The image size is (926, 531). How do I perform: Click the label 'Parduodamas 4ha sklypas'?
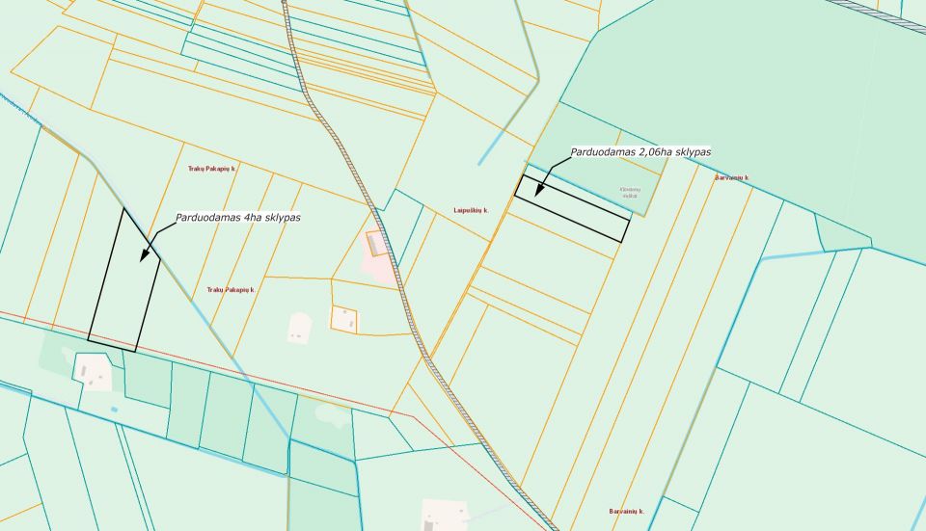click(x=237, y=218)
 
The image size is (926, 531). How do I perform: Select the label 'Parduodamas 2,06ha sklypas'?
click(x=640, y=151)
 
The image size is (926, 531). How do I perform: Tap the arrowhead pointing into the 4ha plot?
click(x=144, y=257)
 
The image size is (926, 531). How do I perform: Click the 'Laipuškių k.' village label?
click(x=472, y=210)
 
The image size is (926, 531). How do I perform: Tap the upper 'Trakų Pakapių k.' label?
click(x=212, y=169)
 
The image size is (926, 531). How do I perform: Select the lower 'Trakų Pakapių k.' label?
click(x=231, y=289)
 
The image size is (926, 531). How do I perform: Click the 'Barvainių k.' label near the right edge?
click(x=732, y=178)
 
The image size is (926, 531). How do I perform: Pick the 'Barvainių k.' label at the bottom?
click(x=626, y=511)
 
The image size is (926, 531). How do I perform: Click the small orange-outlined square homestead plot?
click(x=344, y=319)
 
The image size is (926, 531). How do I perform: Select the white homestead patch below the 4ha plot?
click(x=93, y=371)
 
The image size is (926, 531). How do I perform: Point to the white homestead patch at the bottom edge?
click(x=445, y=515)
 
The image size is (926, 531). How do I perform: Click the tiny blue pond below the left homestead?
click(x=115, y=410)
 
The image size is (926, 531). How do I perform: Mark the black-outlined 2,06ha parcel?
click(x=571, y=208)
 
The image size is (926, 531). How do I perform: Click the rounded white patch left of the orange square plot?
click(x=300, y=328)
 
